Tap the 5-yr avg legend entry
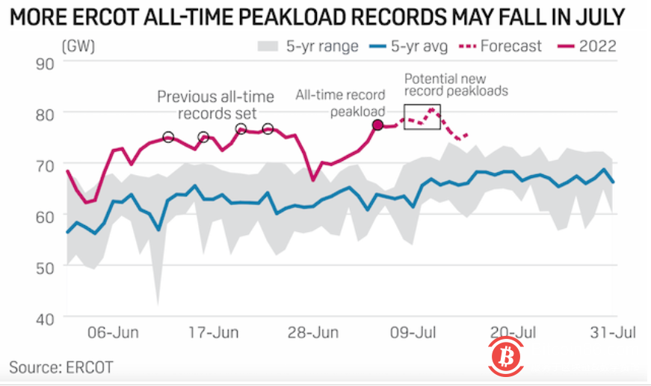(x=408, y=46)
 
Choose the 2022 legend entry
(x=587, y=46)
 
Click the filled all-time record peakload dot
(x=378, y=125)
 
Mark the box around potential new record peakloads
(x=422, y=117)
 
